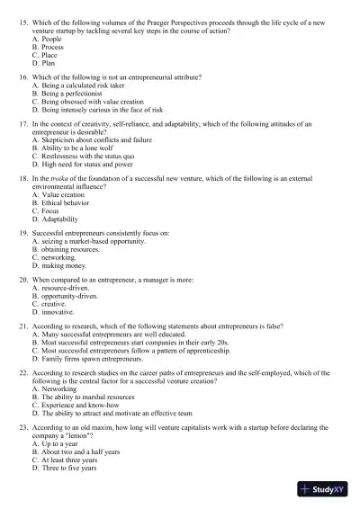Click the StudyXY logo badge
(x=325, y=490)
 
